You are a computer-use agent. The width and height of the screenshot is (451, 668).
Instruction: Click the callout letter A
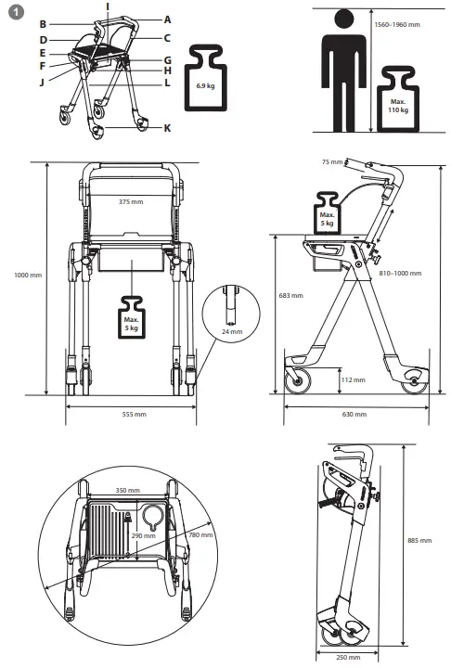coord(168,19)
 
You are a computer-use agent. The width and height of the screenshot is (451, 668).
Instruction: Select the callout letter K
coord(167,127)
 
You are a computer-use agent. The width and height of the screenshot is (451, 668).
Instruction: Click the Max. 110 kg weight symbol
coord(397,106)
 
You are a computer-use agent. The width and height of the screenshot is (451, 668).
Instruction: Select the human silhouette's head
coord(345,20)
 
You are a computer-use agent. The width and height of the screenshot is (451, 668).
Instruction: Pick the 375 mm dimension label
coord(131,200)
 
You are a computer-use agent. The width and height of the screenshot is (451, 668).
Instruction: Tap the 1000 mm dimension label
coord(28,276)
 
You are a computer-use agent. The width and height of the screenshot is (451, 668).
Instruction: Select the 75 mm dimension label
coord(332,161)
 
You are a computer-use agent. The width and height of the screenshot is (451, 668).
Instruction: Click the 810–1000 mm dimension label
coord(400,274)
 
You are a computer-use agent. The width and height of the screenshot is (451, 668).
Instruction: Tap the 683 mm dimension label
coord(290,296)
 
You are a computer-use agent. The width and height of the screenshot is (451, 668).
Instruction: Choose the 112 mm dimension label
coord(353,379)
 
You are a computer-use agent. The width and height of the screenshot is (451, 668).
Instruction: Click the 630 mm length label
coord(354,414)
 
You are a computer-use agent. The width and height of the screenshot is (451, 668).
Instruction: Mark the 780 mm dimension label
coord(199,535)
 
